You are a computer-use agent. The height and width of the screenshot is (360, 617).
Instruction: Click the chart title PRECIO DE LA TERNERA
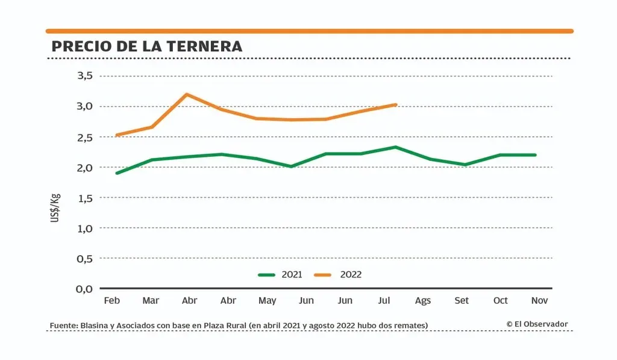(x=147, y=46)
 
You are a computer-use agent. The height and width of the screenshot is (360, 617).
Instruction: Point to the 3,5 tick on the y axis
(x=84, y=76)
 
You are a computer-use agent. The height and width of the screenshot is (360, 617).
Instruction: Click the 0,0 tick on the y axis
(x=84, y=289)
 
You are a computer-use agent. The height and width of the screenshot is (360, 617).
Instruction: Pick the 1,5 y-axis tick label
(x=84, y=198)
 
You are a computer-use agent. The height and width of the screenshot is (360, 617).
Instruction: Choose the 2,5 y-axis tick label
(x=84, y=137)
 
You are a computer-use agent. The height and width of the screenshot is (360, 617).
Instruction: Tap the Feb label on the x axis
(x=111, y=300)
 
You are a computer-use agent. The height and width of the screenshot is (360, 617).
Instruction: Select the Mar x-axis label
(x=151, y=300)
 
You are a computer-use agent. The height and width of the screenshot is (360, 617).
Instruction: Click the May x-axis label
(x=267, y=300)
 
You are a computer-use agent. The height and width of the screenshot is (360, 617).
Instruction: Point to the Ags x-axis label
(x=423, y=300)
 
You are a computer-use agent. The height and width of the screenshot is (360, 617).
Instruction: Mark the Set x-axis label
(x=462, y=300)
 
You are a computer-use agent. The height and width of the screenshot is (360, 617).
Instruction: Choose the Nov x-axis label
(x=540, y=300)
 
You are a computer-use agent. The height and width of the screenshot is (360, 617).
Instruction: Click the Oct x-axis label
(x=501, y=300)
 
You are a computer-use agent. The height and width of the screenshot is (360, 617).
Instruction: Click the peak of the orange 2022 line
(x=187, y=94)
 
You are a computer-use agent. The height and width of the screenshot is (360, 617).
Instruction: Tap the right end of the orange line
(x=395, y=104)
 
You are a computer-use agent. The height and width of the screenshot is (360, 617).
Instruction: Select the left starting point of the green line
(x=116, y=173)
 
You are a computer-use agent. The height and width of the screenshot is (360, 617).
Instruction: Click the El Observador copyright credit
(x=537, y=324)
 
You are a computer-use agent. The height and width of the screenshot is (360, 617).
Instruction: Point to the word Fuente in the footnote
(x=63, y=326)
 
